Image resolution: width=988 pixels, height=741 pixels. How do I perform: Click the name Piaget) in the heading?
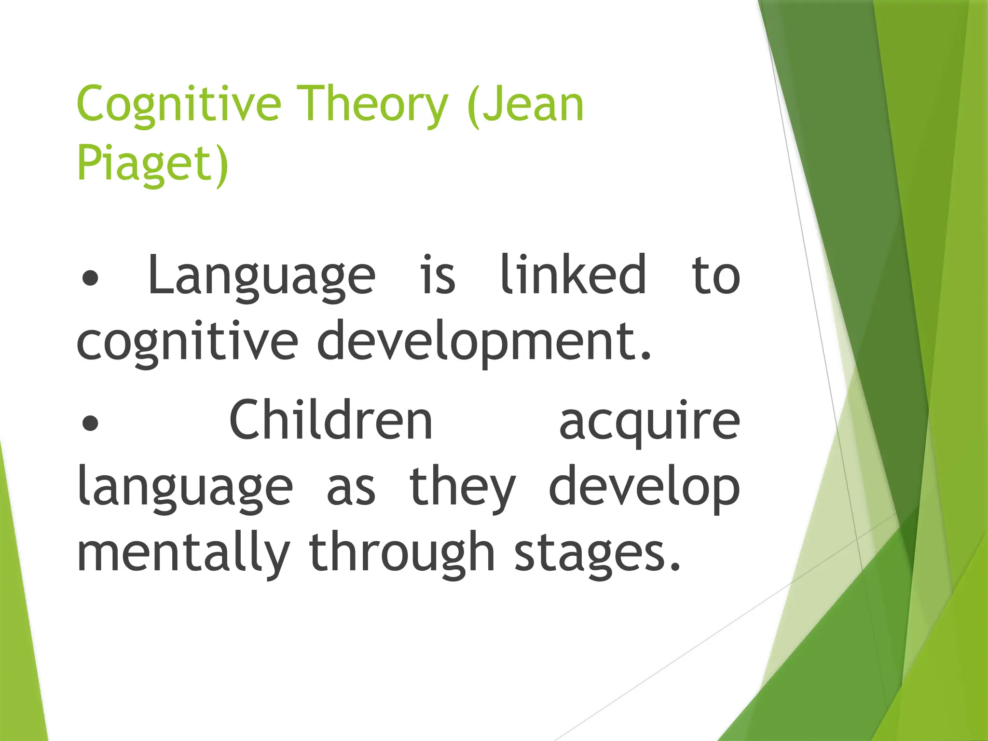[152, 163]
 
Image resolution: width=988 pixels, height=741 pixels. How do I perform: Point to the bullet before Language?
[90, 278]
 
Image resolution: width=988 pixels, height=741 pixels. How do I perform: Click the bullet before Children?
[90, 423]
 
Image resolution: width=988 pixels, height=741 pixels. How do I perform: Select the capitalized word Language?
[261, 276]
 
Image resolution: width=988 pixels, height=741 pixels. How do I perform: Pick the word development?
[484, 342]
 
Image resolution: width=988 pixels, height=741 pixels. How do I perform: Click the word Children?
[331, 421]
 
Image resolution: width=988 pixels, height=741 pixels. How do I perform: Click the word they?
[463, 487]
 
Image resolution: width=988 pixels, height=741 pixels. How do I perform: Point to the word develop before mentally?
[644, 487]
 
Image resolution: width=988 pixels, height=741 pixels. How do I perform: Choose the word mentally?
[183, 553]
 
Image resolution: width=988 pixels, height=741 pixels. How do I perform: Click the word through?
[402, 553]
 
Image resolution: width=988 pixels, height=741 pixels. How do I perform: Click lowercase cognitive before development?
[187, 342]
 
